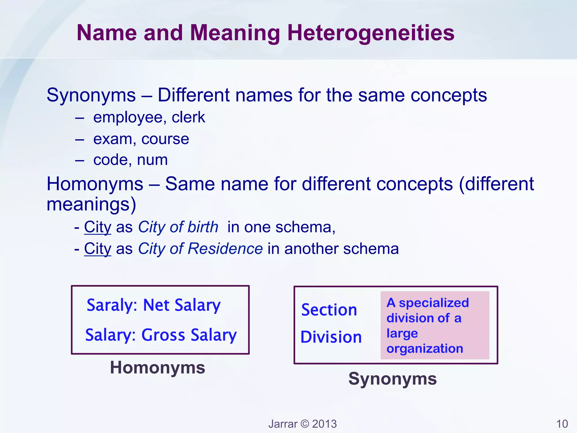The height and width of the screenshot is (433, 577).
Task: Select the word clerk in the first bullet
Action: [188, 117]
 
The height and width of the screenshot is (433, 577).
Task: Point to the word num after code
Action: [152, 160]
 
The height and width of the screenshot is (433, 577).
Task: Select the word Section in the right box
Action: [329, 310]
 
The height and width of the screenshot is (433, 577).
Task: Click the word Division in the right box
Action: [331, 337]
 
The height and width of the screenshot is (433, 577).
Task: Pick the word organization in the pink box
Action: [425, 349]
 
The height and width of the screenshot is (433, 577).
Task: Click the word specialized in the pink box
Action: [434, 303]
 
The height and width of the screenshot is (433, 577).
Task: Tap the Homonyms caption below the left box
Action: [157, 368]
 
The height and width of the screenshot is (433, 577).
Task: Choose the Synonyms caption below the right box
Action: [392, 379]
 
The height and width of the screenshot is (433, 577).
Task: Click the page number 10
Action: [562, 424]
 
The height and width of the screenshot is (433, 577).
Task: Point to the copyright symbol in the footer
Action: [305, 424]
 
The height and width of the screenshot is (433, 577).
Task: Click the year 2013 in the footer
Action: [325, 424]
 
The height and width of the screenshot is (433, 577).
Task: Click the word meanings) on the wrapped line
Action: [91, 205]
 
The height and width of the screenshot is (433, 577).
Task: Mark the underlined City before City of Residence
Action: [98, 249]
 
